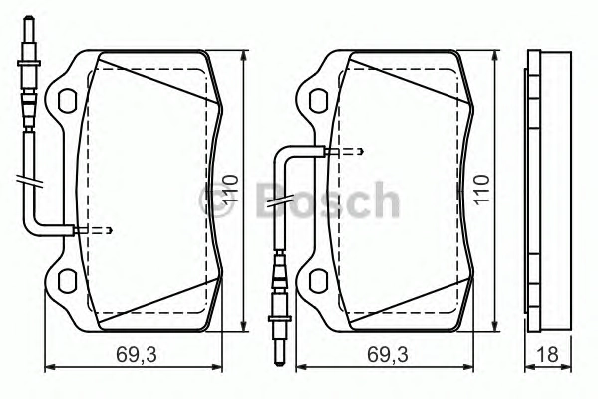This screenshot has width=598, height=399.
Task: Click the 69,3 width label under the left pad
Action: click(137, 355)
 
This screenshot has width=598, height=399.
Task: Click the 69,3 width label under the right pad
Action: click(388, 355)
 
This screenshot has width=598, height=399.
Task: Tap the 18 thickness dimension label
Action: click(547, 355)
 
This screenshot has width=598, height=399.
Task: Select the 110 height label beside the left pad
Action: click(230, 190)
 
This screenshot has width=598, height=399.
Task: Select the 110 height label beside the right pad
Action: click(481, 190)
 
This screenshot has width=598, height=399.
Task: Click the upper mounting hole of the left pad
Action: click(68, 101)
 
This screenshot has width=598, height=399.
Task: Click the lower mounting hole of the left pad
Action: click(68, 281)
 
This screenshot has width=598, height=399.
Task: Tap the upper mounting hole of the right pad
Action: click(319, 101)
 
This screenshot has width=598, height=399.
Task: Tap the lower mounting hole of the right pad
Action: click(319, 281)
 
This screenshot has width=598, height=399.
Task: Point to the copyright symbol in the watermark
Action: click(215, 200)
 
